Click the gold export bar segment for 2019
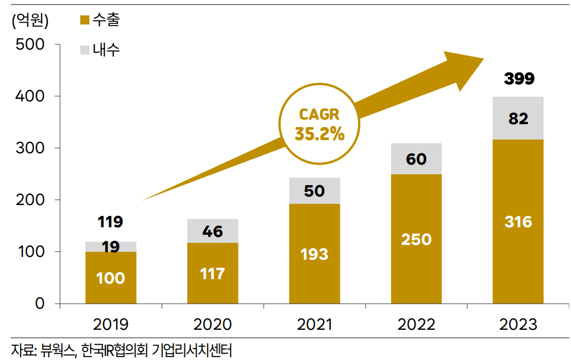click(110, 277)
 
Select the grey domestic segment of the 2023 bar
click(517, 118)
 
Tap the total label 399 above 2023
click(519, 79)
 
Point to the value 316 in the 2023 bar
click(517, 221)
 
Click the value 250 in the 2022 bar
click(416, 239)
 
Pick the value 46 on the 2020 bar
click(212, 231)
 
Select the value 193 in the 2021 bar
click(314, 253)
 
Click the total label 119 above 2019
click(110, 221)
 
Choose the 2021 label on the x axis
click(314, 325)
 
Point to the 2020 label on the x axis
click(212, 325)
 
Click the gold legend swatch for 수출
click(84, 21)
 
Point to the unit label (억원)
click(30, 21)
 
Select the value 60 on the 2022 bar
click(416, 159)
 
